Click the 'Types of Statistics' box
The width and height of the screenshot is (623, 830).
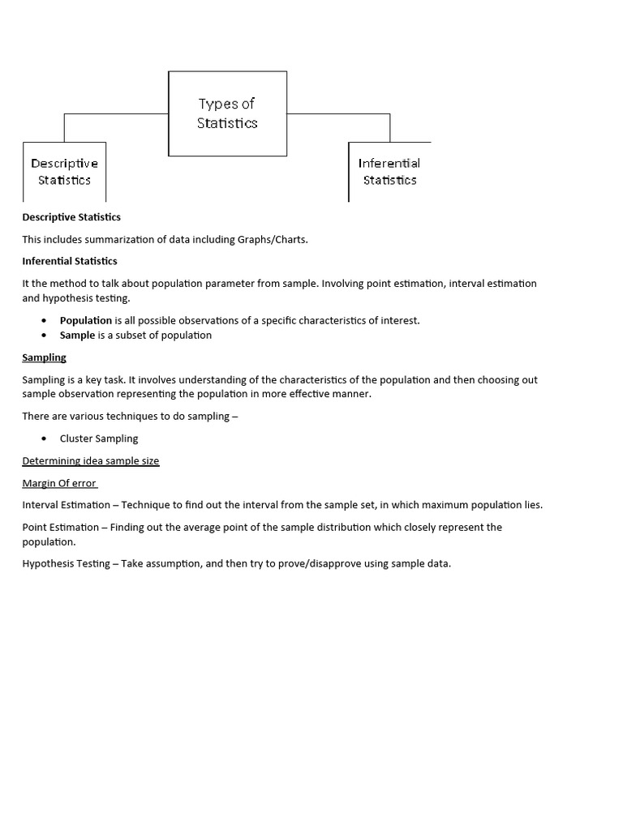click(x=227, y=113)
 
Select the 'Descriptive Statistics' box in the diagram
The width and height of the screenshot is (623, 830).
click(x=64, y=172)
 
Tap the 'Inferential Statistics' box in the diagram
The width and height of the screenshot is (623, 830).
click(x=389, y=172)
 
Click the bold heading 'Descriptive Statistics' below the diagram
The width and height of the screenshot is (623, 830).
click(x=71, y=217)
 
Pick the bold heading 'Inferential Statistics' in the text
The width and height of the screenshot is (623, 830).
click(x=70, y=261)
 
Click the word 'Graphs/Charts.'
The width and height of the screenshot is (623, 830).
click(x=273, y=239)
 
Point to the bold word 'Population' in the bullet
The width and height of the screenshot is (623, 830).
click(x=85, y=320)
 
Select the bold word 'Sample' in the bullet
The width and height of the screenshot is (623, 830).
click(x=77, y=335)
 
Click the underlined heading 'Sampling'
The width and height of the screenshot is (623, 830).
click(x=44, y=357)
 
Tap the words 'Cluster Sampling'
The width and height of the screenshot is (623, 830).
click(x=99, y=439)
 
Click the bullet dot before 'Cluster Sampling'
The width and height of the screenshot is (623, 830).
click(x=44, y=439)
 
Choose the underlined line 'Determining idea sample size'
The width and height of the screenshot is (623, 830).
click(x=91, y=461)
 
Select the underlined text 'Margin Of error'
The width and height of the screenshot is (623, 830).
click(x=59, y=483)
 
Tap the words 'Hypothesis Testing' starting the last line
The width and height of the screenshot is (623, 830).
click(x=66, y=563)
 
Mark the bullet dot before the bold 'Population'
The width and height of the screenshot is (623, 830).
click(x=44, y=320)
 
